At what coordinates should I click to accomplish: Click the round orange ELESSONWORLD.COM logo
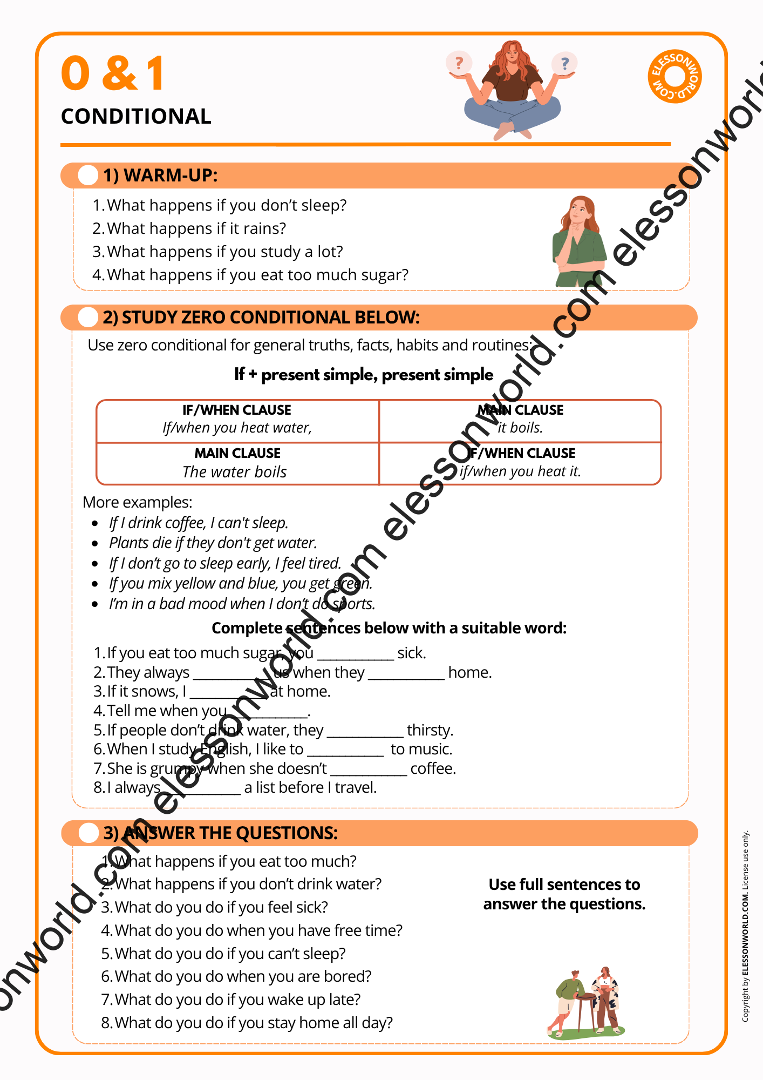click(x=675, y=76)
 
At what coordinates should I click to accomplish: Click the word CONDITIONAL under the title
click(x=136, y=117)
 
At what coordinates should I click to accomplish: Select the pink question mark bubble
click(x=459, y=63)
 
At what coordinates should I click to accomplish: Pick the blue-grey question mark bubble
click(x=564, y=64)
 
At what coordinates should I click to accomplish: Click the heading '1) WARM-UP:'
click(x=160, y=175)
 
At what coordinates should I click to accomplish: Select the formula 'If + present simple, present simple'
click(x=364, y=374)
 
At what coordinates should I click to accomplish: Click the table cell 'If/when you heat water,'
click(x=237, y=428)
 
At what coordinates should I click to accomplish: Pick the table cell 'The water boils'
click(x=235, y=472)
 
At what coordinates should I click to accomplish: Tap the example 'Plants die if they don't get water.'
click(x=213, y=543)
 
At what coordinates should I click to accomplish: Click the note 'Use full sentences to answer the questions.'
click(x=564, y=894)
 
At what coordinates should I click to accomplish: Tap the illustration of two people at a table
click(x=587, y=1002)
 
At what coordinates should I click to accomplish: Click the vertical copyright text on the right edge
click(x=745, y=926)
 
